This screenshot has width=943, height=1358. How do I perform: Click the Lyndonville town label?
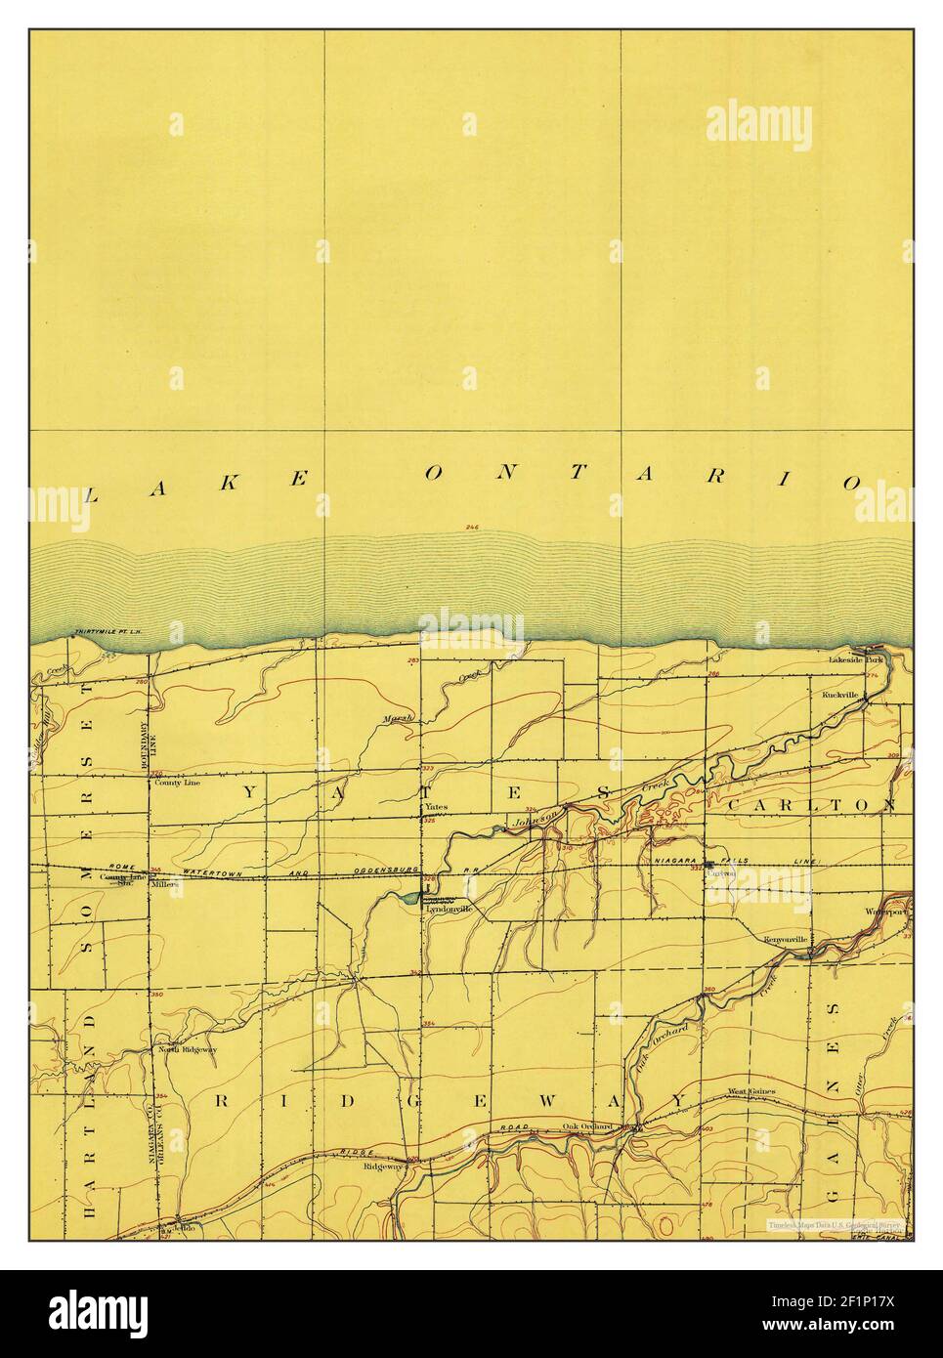[450, 909]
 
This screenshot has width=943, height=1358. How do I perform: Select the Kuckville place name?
[839, 695]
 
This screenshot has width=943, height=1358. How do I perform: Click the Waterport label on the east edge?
[885, 912]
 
